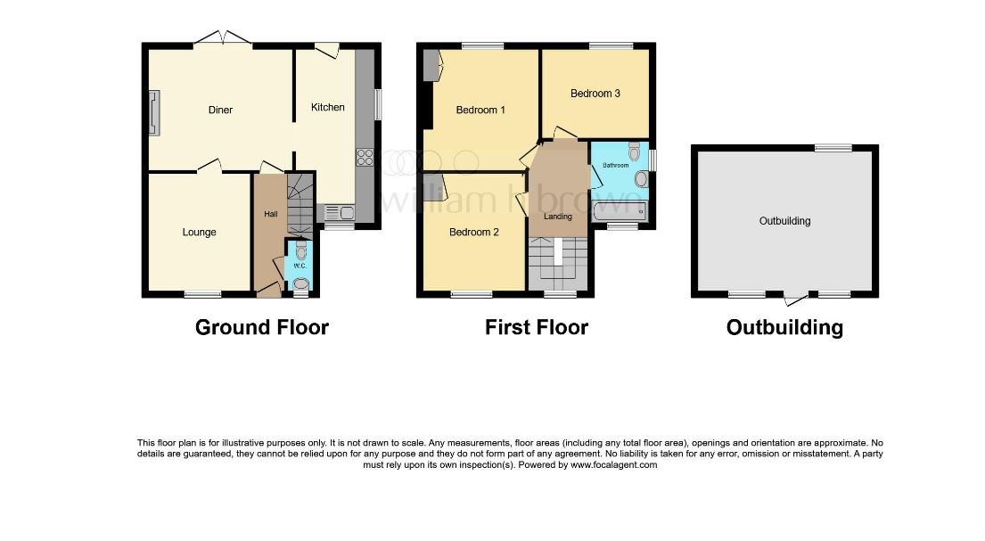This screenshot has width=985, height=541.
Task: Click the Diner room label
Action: pyautogui.click(x=220, y=110)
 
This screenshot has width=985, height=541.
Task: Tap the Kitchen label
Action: pyautogui.click(x=328, y=108)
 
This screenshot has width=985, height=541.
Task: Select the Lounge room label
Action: pyautogui.click(x=199, y=233)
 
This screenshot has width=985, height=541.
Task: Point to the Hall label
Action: pyautogui.click(x=271, y=214)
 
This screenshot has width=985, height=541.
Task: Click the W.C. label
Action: pyautogui.click(x=300, y=266)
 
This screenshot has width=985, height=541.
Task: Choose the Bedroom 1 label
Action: pyautogui.click(x=480, y=110)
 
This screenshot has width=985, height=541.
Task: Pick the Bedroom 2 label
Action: pyautogui.click(x=474, y=233)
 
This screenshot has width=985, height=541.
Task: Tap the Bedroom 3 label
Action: pyautogui.click(x=595, y=94)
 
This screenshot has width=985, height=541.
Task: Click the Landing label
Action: pyautogui.click(x=558, y=217)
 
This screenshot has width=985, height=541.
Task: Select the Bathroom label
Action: pyautogui.click(x=616, y=165)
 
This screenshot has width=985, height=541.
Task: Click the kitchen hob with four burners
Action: pyautogui.click(x=365, y=157)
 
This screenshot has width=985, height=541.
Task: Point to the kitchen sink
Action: pyautogui.click(x=340, y=213)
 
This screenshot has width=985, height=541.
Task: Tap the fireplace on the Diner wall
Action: pyautogui.click(x=154, y=113)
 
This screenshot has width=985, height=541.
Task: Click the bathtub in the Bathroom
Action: pyautogui.click(x=620, y=212)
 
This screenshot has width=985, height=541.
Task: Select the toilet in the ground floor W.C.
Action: pyautogui.click(x=301, y=250)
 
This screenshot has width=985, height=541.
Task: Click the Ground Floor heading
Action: pyautogui.click(x=262, y=327)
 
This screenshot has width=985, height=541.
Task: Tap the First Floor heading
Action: pyautogui.click(x=537, y=327)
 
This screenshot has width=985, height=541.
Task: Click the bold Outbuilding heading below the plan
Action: pyautogui.click(x=784, y=328)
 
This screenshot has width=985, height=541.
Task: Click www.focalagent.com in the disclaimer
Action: pyautogui.click(x=614, y=465)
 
